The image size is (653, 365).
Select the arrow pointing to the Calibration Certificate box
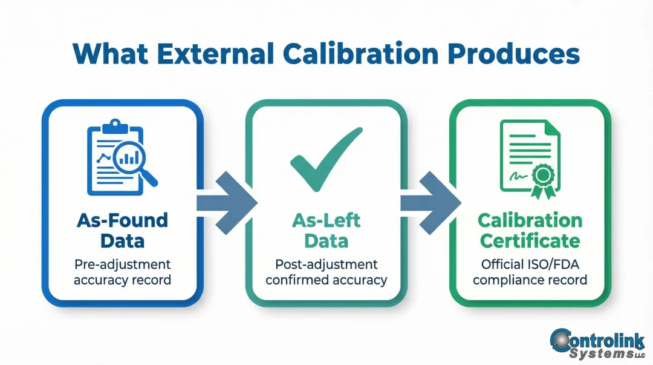(427, 203)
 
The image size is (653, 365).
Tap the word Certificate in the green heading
(530, 241)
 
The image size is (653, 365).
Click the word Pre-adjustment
(123, 265)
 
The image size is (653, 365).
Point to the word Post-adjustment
(326, 265)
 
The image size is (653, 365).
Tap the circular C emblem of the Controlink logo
(564, 341)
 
